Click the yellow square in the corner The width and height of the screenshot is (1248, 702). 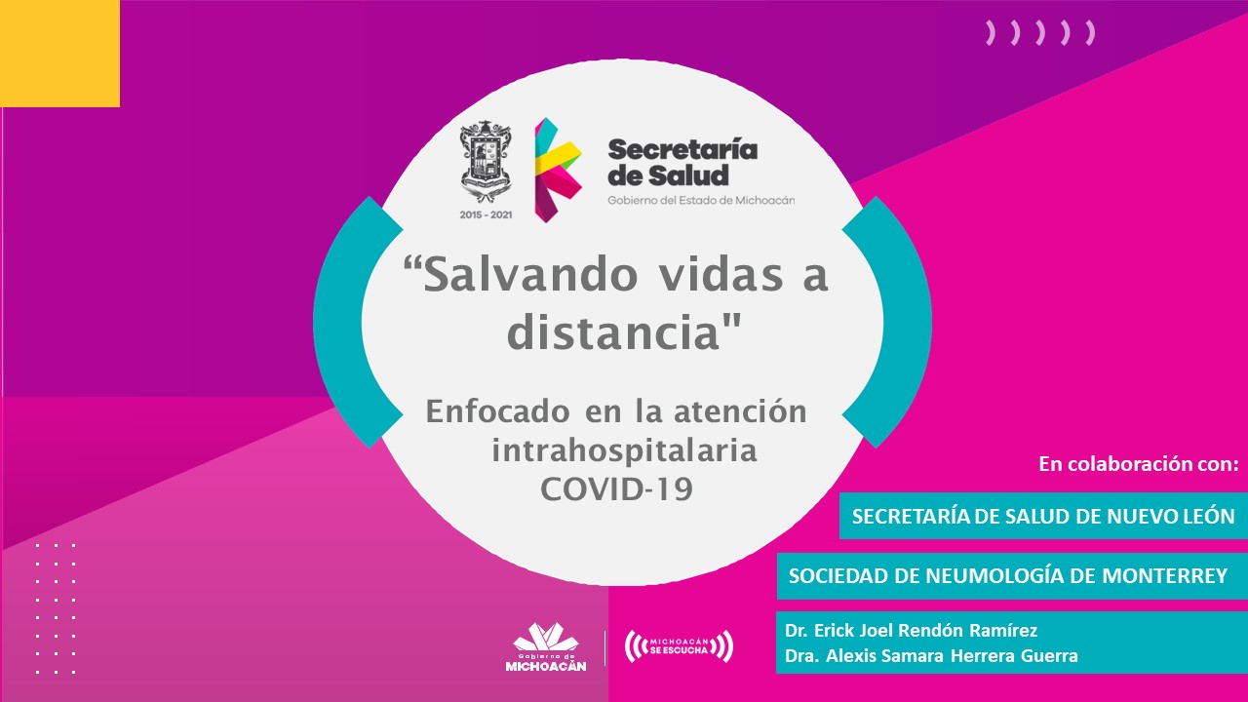[59, 53]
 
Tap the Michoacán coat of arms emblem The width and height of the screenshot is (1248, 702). [486, 162]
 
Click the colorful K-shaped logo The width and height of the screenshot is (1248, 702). [558, 170]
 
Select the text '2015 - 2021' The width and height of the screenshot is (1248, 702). [486, 214]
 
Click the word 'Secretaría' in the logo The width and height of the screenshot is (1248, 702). [682, 149]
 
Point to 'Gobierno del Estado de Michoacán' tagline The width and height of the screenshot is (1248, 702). [701, 200]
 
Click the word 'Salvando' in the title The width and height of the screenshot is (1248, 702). [529, 274]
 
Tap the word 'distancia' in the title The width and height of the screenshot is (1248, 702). [613, 332]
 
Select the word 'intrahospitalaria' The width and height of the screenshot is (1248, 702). [624, 450]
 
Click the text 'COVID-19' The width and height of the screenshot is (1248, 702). [616, 489]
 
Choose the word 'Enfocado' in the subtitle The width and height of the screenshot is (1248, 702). [497, 411]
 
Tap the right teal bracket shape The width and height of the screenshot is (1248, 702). [887, 322]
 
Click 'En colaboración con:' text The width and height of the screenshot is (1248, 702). [1139, 463]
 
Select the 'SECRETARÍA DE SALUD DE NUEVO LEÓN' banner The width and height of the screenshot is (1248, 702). [1043, 516]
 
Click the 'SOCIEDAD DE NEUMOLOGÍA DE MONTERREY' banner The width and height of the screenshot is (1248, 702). [1012, 575]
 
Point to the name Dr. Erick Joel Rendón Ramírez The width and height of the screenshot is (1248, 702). [911, 630]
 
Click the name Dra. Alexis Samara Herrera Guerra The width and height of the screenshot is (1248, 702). [931, 656]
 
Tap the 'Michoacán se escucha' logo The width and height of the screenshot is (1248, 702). [679, 646]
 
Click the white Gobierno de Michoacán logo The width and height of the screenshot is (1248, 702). [546, 646]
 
